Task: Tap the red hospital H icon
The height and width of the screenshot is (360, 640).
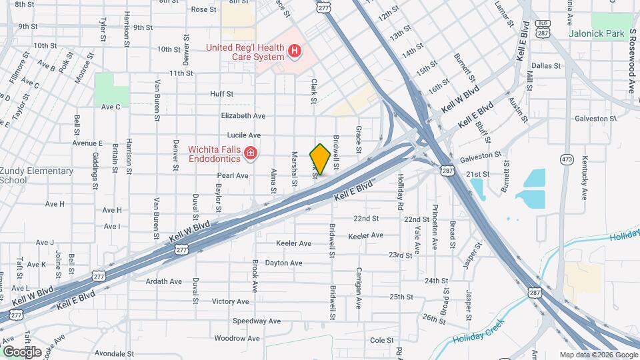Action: [294, 51]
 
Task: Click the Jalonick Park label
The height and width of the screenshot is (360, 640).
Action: [597, 33]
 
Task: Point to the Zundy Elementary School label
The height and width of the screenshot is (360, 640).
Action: [37, 175]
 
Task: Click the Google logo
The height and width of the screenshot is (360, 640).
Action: [21, 351]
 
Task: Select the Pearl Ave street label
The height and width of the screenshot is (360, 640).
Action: [232, 176]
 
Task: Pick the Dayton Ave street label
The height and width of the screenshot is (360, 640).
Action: [283, 263]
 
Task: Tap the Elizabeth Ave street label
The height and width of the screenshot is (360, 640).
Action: [243, 115]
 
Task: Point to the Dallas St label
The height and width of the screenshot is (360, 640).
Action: [547, 65]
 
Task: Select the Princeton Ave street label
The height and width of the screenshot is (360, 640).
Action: [435, 228]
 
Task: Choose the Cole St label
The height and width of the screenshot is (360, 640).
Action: [382, 340]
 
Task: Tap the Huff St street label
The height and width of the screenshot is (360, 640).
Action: [221, 94]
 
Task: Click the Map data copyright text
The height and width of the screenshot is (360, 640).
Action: [597, 355]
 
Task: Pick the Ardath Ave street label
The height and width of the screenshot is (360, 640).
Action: [164, 281]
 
